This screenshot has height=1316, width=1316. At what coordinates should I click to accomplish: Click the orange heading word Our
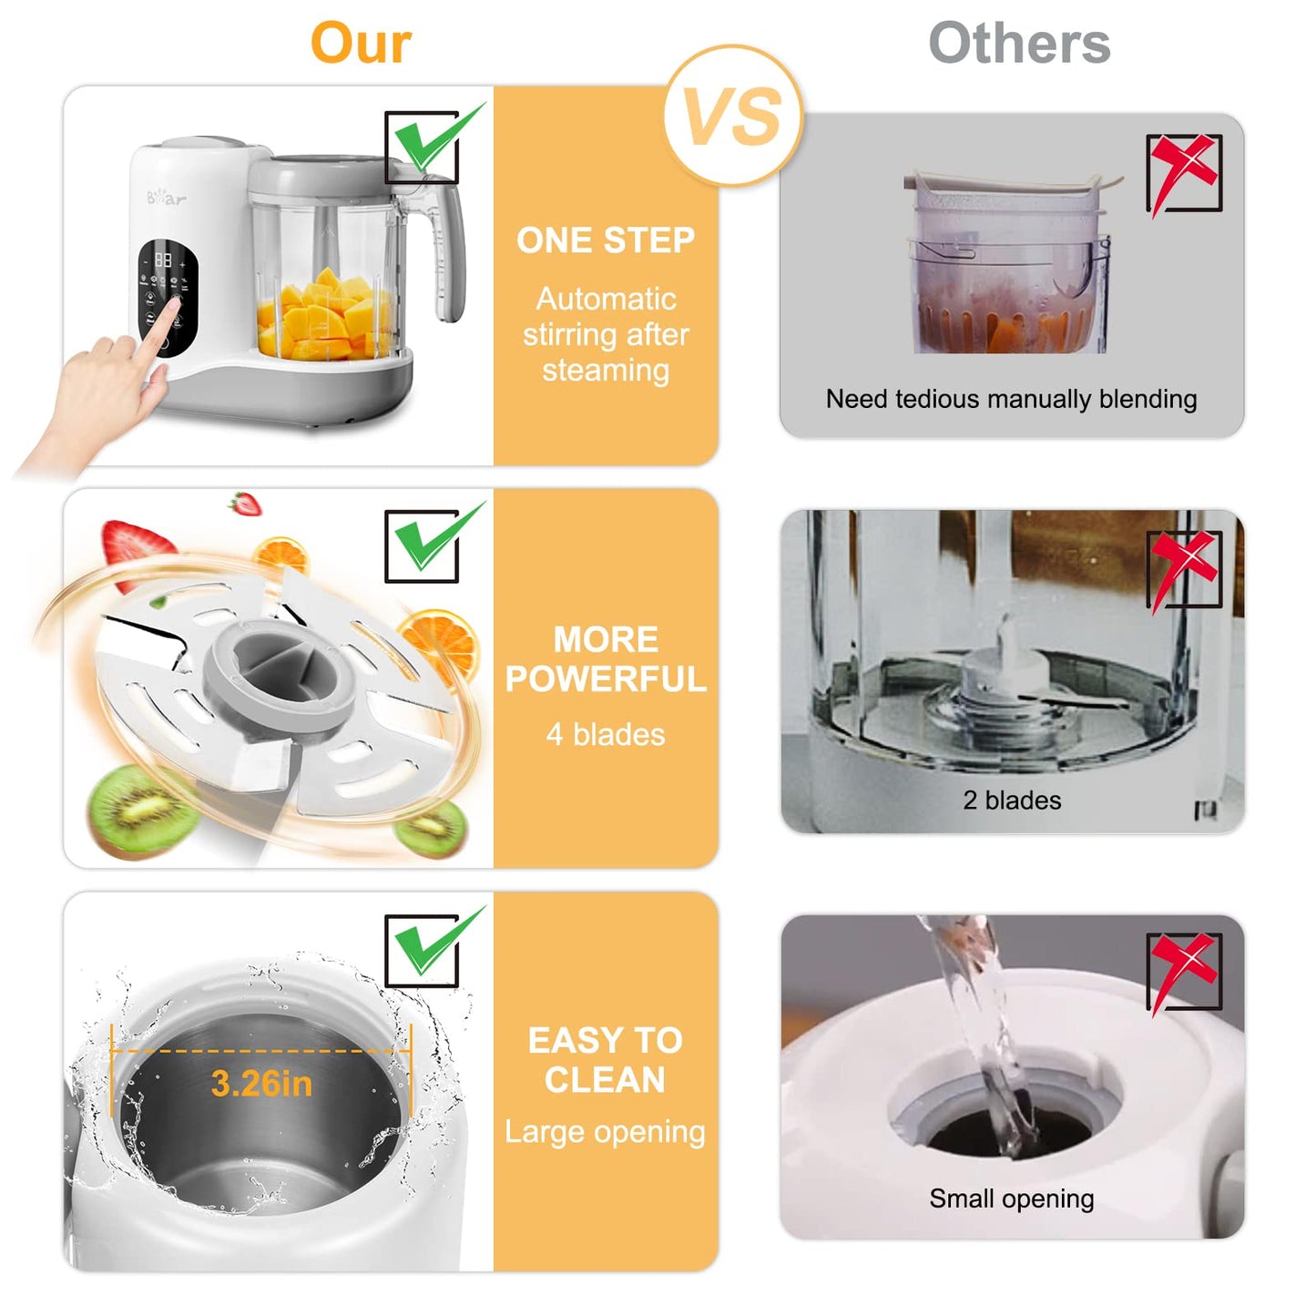click(x=361, y=43)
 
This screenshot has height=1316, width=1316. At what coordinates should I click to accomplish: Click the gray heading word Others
click(x=1019, y=43)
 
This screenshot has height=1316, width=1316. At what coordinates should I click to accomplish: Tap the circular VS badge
click(x=733, y=117)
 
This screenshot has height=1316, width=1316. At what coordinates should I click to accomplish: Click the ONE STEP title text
click(x=606, y=240)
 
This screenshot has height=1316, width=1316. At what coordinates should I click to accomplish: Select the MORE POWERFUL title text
click(x=606, y=659)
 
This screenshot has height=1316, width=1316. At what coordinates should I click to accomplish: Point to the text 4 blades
click(x=606, y=735)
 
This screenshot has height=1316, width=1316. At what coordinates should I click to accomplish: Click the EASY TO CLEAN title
click(x=606, y=1060)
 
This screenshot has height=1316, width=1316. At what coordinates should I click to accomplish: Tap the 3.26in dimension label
click(x=261, y=1084)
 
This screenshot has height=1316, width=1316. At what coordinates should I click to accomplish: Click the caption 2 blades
click(x=1012, y=801)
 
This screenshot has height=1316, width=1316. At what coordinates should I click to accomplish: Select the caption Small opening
click(x=1011, y=1199)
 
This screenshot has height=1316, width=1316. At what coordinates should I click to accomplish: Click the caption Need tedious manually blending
click(x=1011, y=399)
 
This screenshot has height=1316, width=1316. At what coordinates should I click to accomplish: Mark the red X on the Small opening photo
click(x=1183, y=969)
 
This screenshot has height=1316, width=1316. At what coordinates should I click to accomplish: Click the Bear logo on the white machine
click(x=167, y=197)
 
